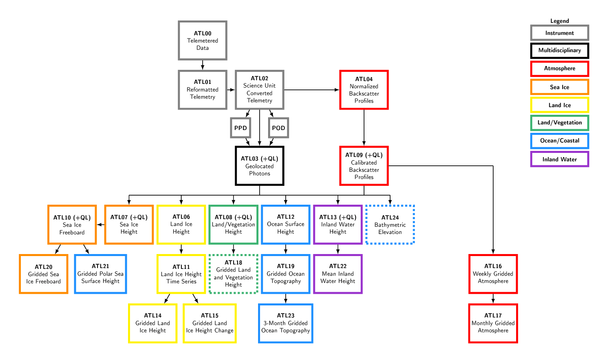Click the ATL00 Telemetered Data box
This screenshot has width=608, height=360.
(x=203, y=41)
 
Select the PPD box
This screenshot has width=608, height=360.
(x=241, y=128)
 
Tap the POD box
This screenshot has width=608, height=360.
(x=279, y=128)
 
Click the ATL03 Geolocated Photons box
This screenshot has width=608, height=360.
(x=260, y=166)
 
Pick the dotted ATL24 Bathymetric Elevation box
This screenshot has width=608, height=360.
(x=390, y=225)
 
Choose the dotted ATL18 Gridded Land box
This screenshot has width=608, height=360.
(x=234, y=274)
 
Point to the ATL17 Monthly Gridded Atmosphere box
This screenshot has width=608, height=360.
(x=493, y=323)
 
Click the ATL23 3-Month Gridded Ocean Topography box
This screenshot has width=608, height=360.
(x=286, y=323)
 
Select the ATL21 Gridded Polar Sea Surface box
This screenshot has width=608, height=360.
(x=100, y=274)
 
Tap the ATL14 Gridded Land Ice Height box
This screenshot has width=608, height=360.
(x=153, y=323)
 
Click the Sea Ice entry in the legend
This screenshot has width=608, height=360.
(x=559, y=87)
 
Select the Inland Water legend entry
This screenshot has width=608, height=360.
(x=559, y=159)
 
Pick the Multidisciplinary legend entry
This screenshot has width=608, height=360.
(x=559, y=51)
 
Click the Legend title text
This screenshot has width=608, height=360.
(x=559, y=21)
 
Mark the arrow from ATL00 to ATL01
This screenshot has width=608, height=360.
(x=203, y=65)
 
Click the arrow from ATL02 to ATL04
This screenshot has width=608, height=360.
(x=311, y=90)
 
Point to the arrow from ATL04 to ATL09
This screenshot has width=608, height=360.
(x=364, y=128)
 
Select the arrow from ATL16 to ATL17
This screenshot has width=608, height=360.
(x=493, y=299)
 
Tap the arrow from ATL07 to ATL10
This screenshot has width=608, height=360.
(x=101, y=225)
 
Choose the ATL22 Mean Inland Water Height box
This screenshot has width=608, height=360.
(x=338, y=274)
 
